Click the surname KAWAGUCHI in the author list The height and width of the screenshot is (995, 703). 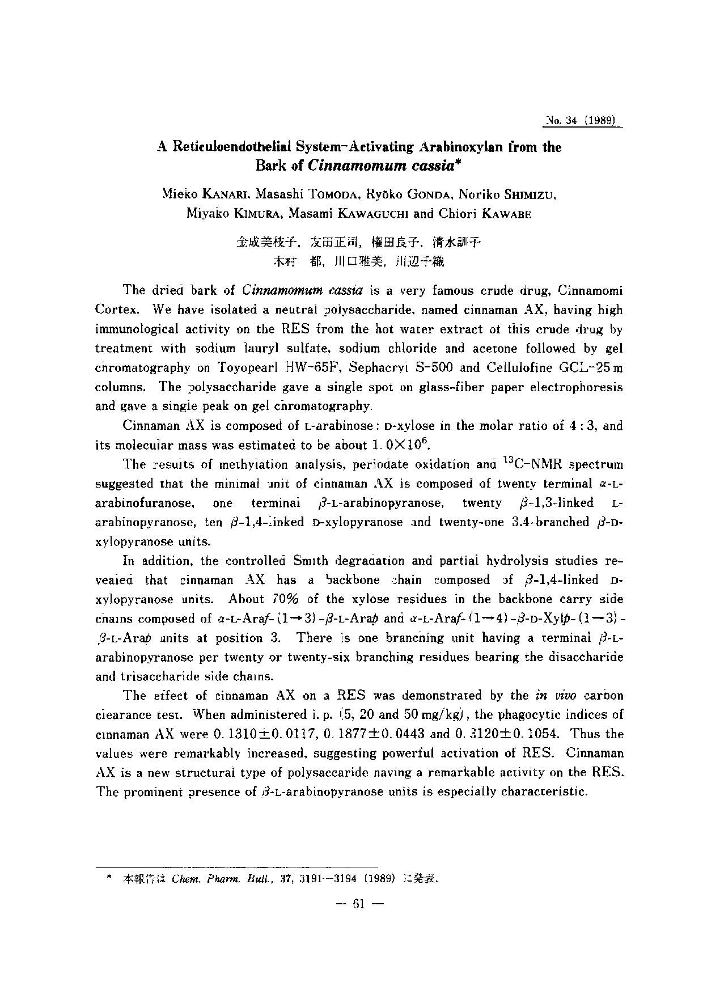pos(372,214)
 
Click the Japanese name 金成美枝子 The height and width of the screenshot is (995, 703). pos(266,243)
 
